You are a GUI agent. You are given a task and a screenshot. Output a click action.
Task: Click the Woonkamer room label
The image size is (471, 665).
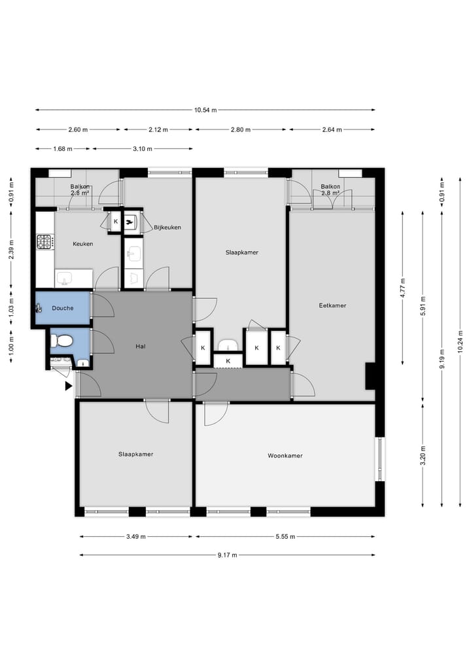click(285, 456)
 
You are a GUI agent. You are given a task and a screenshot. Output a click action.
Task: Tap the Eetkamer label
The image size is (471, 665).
click(332, 305)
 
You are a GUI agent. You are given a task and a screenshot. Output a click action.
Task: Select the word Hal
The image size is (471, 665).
click(140, 347)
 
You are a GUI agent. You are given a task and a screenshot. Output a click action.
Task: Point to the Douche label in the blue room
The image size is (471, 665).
click(62, 308)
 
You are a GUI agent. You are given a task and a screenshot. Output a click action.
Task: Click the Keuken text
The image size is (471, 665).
click(82, 244)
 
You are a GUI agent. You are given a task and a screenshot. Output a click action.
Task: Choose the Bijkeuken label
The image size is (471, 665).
click(167, 228)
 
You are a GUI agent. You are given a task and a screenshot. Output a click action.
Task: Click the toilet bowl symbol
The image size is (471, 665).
click(63, 340)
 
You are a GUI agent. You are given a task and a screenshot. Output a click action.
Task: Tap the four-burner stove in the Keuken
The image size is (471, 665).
click(44, 242)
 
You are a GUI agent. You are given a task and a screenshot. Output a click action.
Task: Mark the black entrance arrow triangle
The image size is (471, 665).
click(68, 386)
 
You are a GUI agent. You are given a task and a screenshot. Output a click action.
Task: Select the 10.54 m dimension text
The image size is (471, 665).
click(205, 110)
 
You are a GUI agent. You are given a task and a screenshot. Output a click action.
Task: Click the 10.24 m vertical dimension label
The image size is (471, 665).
click(461, 341)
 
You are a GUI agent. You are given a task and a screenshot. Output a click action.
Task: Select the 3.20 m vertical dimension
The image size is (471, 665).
click(423, 455)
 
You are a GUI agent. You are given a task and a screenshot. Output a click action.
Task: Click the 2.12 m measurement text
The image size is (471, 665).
click(158, 129)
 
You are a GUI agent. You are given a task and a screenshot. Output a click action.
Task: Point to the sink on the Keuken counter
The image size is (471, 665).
click(64, 279)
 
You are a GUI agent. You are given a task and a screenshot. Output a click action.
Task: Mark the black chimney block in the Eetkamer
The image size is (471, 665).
click(370, 376)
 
